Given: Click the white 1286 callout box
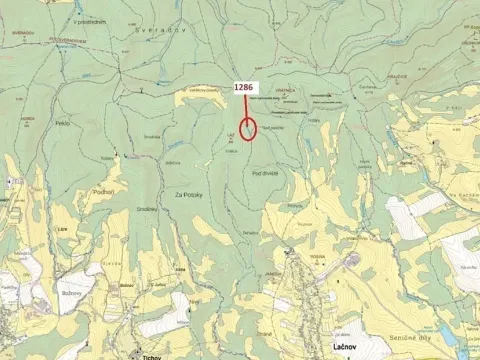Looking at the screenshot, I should point(244,88).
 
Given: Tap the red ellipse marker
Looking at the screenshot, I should point(250,133).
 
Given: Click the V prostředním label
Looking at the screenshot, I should point(91,21).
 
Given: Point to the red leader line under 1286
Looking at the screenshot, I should point(245,107).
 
